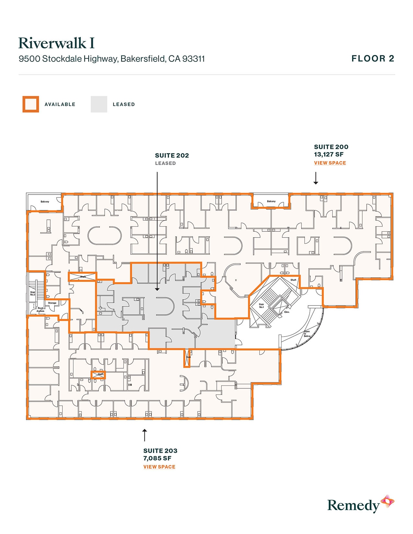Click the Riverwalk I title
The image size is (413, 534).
[56, 43]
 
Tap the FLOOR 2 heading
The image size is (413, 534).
[373, 59]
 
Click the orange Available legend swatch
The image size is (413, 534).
[31, 104]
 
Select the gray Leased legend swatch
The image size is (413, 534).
[99, 104]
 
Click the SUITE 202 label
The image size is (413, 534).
[172, 156]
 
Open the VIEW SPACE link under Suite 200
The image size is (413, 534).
[330, 163]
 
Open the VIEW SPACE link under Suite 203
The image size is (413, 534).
[159, 467]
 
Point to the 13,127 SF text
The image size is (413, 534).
[328, 154]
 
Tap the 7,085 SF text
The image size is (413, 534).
[157, 458]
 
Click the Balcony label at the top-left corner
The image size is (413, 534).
[45, 202]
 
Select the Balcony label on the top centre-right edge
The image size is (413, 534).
[271, 201]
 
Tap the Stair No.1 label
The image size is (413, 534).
[261, 306]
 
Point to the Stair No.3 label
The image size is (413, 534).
[33, 293]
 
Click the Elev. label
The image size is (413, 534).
[287, 312]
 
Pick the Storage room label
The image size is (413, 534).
[52, 303]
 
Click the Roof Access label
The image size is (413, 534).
[40, 309]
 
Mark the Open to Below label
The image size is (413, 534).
[307, 334]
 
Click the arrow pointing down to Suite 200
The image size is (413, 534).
[315, 178]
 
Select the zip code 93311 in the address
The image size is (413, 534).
[193, 59]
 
